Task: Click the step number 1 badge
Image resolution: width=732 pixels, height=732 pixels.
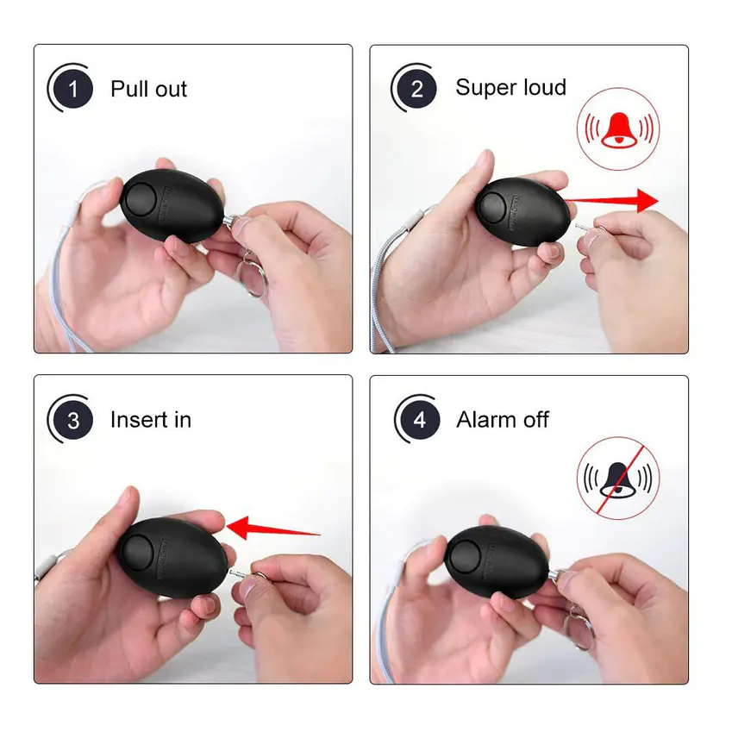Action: (x=73, y=89)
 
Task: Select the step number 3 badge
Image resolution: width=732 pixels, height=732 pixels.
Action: (x=73, y=420)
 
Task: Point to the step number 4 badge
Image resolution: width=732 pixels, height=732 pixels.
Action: (x=420, y=420)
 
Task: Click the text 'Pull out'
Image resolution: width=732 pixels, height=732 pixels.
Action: (x=148, y=89)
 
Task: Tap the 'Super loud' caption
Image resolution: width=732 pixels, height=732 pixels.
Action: (x=510, y=87)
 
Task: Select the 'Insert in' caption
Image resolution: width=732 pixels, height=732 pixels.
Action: (x=151, y=420)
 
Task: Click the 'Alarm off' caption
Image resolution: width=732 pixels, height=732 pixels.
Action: (x=503, y=419)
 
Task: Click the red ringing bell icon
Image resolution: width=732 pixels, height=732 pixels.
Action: (x=618, y=129)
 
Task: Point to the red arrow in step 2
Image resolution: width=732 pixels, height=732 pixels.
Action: (x=611, y=201)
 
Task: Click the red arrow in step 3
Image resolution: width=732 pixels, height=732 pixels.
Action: (x=273, y=528)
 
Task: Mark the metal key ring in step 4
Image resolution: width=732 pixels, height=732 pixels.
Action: (x=579, y=631)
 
